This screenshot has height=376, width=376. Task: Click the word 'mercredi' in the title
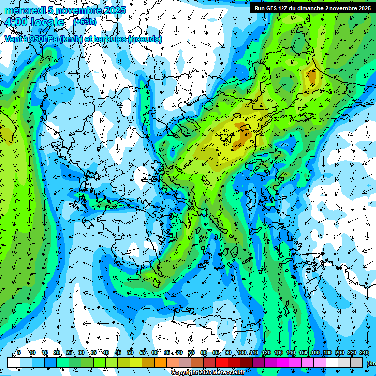pyautogui.click(x=23, y=10)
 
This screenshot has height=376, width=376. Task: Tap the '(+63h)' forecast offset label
pyautogui.click(x=85, y=22)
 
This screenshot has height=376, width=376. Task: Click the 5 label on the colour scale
pyautogui.click(x=19, y=352)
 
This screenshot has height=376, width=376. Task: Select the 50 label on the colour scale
pyautogui.click(x=130, y=352)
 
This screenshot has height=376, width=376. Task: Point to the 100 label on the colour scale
pyautogui.click(x=241, y=352)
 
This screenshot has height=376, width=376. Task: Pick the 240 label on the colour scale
pyautogui.click(x=364, y=352)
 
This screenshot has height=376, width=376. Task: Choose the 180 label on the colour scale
pyautogui.click(x=327, y=352)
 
